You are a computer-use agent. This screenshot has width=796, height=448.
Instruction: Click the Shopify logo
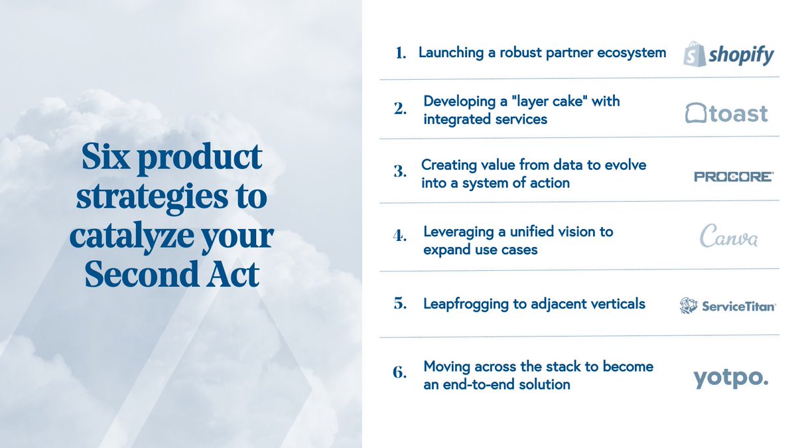(728, 52)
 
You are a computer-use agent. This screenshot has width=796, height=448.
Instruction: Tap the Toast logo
(726, 113)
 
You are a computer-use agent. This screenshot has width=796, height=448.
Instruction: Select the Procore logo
(733, 177)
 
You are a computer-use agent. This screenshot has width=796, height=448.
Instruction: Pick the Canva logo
(729, 237)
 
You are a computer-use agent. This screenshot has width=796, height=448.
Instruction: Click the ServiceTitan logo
(728, 305)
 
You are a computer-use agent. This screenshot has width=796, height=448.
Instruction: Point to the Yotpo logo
(730, 378)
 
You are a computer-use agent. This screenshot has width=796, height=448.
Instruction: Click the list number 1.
(400, 54)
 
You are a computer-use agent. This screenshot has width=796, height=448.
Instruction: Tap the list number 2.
(399, 110)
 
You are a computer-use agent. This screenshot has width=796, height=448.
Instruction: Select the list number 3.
(399, 171)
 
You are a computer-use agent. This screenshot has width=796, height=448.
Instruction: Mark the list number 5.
(399, 304)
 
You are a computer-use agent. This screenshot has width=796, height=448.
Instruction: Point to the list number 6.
(399, 372)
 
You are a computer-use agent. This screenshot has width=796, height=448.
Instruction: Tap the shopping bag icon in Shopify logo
(695, 52)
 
